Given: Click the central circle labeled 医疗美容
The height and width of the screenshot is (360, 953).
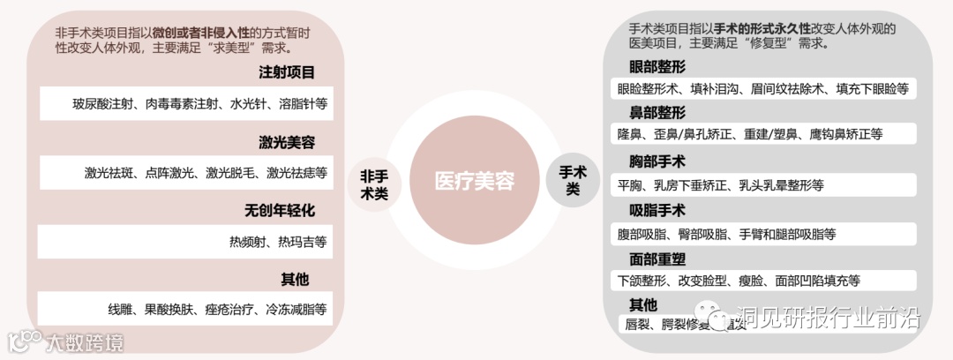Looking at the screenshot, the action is point(475,181).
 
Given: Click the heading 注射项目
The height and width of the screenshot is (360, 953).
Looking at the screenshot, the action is point(286,73).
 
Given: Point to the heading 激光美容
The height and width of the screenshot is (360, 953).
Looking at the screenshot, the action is point(286,142).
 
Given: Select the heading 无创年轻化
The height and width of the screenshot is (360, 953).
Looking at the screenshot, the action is point(280,211).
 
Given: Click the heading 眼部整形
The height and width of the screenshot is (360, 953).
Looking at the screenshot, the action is point(657,68).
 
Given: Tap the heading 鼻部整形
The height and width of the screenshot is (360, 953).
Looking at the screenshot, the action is point(657,113).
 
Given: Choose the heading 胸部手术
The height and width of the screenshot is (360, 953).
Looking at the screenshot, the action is point(657,162).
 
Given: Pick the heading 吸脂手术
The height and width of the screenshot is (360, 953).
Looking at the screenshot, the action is point(657,211).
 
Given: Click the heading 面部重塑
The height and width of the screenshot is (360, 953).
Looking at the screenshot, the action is point(657,259).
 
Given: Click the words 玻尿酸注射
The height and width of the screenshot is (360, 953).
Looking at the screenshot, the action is point(103,104).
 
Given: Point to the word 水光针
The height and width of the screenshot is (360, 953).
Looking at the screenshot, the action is point(248,104).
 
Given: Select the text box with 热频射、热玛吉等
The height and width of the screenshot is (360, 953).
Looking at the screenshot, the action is point(184,242).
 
